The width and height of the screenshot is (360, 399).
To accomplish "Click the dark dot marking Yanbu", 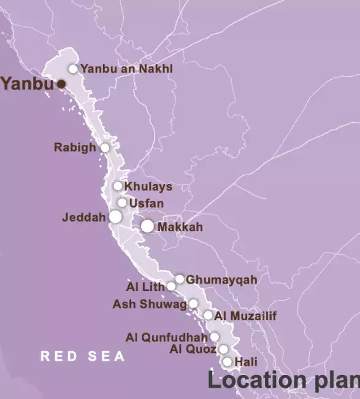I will tap(61, 84).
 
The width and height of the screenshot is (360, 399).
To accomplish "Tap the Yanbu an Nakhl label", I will tap(126, 69).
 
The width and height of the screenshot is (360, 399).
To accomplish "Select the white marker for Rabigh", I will tap(105, 148).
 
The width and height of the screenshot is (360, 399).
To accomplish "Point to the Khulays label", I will tap(148, 187).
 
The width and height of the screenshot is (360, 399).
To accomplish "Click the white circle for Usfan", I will tap(122, 203).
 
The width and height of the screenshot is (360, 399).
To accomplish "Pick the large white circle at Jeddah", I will tap(115, 217).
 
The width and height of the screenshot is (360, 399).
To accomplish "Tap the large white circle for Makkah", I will tap(147, 226).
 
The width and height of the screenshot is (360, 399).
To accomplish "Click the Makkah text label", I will tap(180, 227).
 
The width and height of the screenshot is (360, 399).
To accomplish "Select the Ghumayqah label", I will tap(213, 280).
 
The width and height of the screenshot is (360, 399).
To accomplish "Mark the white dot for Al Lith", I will tap(171, 286).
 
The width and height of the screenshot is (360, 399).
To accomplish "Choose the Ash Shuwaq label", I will tap(150, 304).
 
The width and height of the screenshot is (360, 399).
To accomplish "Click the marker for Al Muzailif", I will tap(208, 316).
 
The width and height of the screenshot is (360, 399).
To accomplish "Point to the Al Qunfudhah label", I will tap(167, 337).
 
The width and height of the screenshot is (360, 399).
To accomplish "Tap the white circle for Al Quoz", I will tap(223, 349).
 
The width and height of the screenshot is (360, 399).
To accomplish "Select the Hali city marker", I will tap(228, 362).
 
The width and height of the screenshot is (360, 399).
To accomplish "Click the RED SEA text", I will tap(83, 356).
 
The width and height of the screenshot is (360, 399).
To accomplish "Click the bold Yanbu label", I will tap(27, 84).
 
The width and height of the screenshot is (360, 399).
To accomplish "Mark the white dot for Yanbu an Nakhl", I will tap(73, 69).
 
